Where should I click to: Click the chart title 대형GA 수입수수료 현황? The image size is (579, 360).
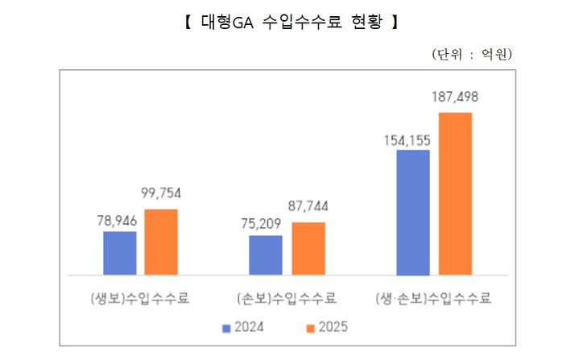[x=289, y=23]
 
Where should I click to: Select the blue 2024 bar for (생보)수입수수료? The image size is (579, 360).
[x=120, y=253]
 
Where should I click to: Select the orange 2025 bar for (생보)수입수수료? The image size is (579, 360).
[x=161, y=242]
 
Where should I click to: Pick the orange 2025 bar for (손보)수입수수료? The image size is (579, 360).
[x=308, y=248]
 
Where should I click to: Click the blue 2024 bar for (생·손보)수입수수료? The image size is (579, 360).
[x=413, y=213]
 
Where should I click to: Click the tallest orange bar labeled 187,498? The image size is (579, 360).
[x=455, y=194]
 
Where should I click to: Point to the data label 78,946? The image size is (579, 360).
[x=119, y=219]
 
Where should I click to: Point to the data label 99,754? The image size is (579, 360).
[x=161, y=194]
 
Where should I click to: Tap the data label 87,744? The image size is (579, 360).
[x=308, y=207]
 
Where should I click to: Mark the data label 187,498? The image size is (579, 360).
[x=455, y=97]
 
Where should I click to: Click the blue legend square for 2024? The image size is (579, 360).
[x=227, y=327]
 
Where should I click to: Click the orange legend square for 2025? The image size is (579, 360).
[x=309, y=327]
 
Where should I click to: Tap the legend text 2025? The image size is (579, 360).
[x=333, y=327]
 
